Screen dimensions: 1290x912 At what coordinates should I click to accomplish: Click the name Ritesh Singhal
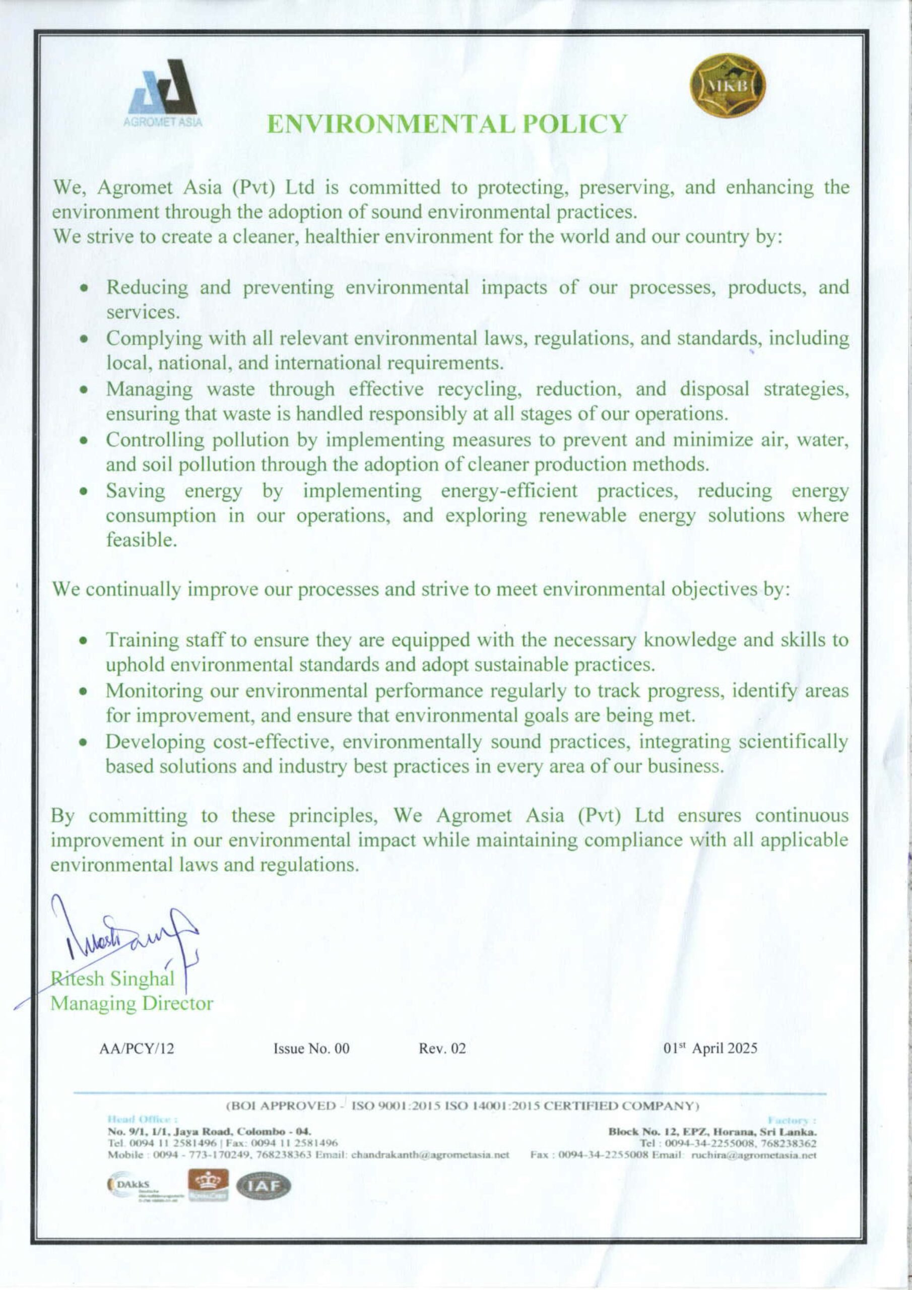tap(113, 978)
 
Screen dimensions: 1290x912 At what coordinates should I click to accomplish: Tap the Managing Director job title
tap(132, 1003)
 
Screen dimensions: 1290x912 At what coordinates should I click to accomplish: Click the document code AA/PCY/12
tap(137, 1049)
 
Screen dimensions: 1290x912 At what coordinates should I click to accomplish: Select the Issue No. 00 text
tap(311, 1049)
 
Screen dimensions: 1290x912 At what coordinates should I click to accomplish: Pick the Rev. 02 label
tap(442, 1049)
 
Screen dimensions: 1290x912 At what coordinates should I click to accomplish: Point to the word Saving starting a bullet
tap(136, 491)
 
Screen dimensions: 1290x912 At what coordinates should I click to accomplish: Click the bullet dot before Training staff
tap(83, 640)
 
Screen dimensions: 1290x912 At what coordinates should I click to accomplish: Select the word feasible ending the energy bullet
tap(142, 540)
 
